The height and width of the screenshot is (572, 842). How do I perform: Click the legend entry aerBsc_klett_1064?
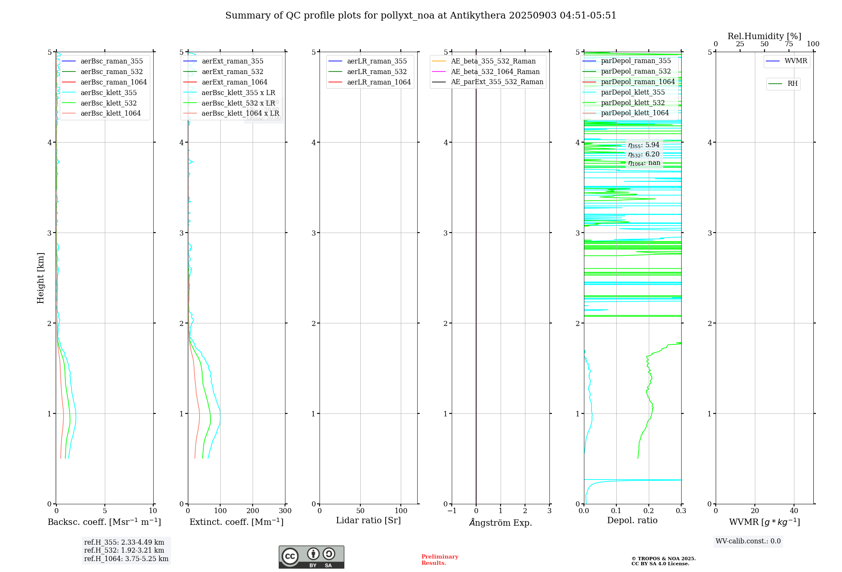click(110, 114)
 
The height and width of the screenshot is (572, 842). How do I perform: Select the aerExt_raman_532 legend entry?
click(232, 72)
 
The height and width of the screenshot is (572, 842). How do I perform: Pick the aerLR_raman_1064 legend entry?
click(378, 82)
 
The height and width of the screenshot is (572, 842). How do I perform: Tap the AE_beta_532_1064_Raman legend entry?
click(495, 72)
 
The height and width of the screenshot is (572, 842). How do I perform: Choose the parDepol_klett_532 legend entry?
click(633, 103)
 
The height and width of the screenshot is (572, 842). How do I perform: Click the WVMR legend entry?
click(796, 61)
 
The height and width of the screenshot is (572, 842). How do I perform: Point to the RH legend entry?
click(792, 84)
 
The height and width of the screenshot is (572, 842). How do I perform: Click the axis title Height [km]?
click(40, 278)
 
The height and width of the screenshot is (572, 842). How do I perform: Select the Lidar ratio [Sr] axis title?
click(368, 521)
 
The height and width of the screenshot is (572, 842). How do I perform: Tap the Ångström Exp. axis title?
click(501, 523)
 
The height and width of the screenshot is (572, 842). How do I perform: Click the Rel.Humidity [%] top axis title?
click(764, 36)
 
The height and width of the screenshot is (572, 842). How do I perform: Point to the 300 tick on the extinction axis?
click(285, 511)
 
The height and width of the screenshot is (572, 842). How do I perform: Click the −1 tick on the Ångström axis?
click(452, 511)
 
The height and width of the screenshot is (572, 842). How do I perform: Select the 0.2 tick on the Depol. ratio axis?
click(649, 511)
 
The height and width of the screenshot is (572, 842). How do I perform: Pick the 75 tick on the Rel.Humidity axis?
click(789, 44)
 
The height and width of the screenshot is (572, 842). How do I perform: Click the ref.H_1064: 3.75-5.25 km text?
click(126, 559)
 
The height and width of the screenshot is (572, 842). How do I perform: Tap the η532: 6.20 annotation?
click(644, 154)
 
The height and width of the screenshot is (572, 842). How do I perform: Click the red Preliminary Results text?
click(440, 560)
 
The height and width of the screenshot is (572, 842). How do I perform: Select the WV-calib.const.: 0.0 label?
click(748, 541)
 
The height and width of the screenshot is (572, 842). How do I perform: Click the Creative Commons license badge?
click(311, 557)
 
